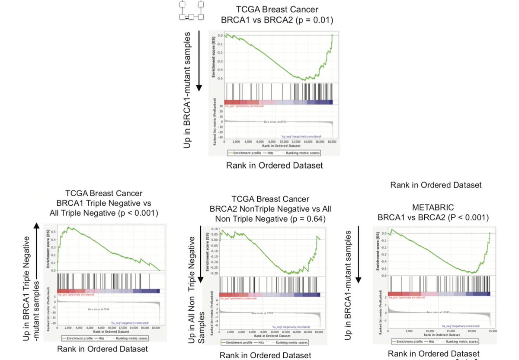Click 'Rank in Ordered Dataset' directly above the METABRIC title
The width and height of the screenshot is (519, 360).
coord(436,185)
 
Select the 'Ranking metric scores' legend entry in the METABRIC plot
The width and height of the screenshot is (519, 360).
coord(466,341)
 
